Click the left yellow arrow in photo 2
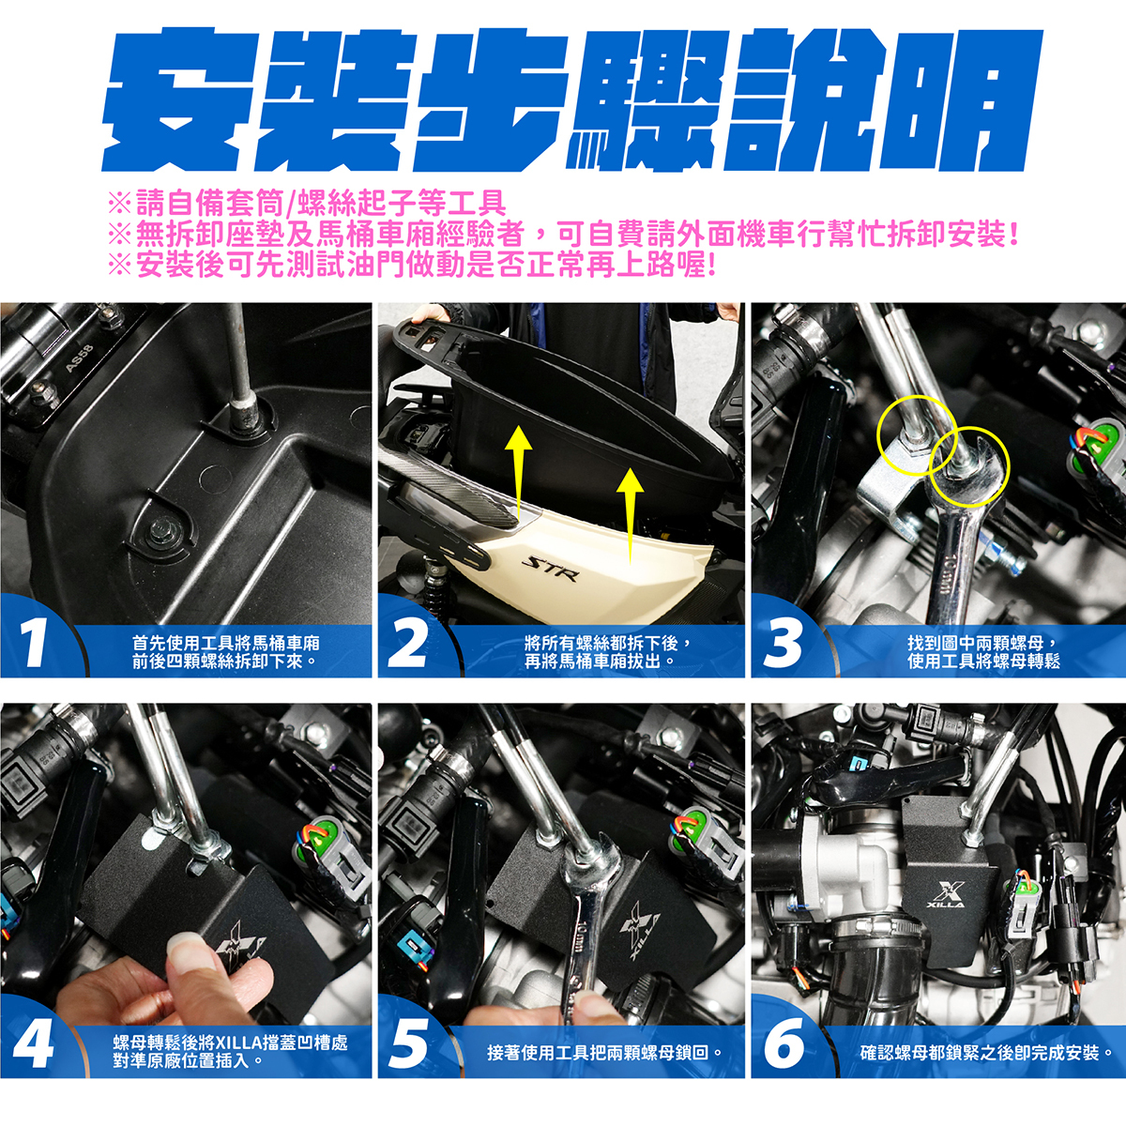click(x=518, y=468)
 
